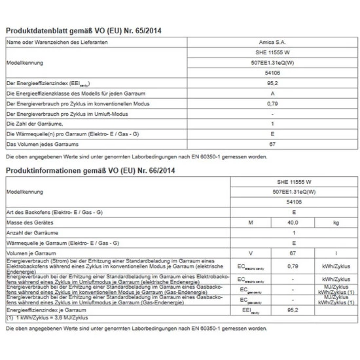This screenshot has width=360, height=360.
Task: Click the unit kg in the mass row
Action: [x=336, y=223]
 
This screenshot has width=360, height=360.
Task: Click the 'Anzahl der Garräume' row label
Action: [x=33, y=232]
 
